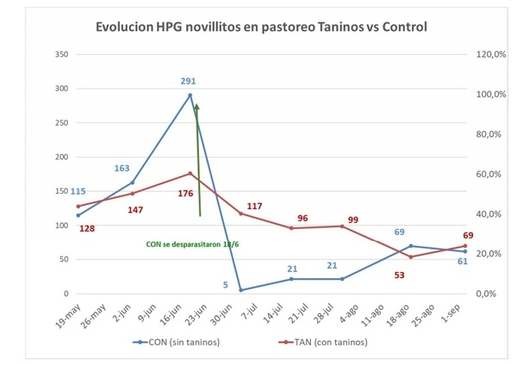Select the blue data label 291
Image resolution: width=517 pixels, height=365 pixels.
pos(188,81)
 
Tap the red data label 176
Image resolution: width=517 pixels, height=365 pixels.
pos(186,193)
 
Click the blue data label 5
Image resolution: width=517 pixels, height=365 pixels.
pos(226,285)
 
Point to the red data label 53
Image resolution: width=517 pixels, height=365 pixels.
pos(398,275)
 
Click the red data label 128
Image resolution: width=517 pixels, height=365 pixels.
pos(86,228)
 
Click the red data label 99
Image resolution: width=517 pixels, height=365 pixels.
pos(353,220)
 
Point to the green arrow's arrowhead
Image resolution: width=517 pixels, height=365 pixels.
pos(196,107)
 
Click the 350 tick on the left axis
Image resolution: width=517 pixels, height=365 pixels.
pos(61,54)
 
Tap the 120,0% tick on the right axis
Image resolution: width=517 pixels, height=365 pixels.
pos(488,54)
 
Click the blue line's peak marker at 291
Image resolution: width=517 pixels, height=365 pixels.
pos(190,95)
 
